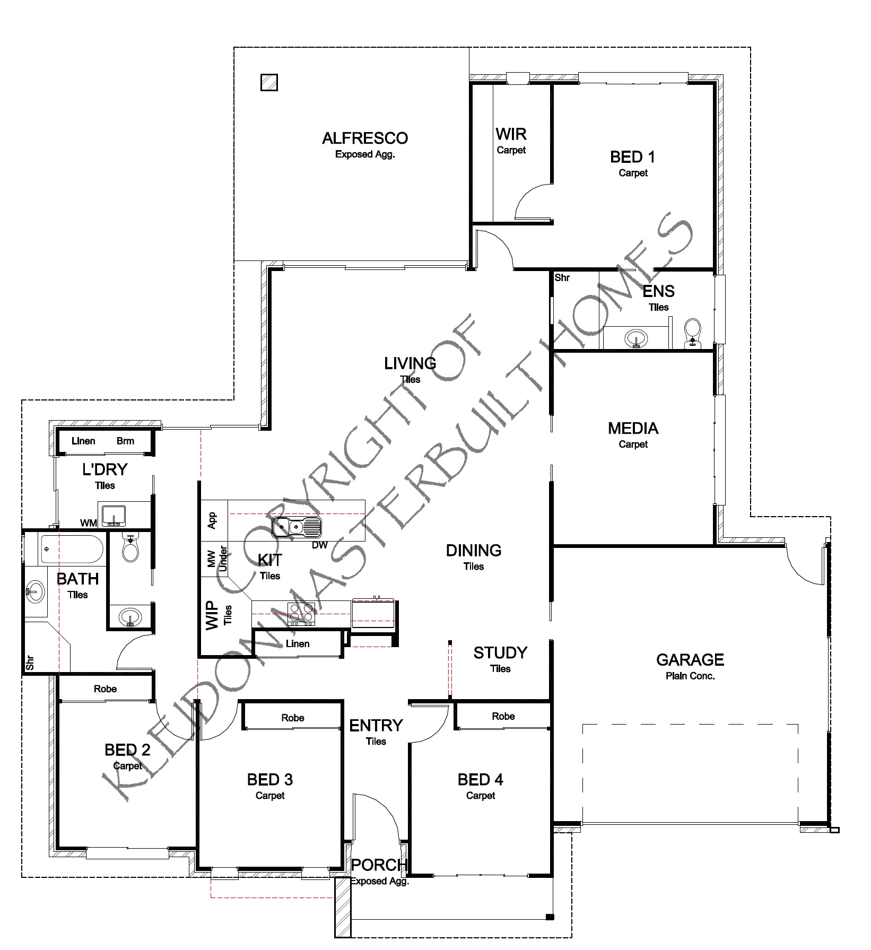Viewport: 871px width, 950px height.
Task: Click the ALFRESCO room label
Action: [365, 138]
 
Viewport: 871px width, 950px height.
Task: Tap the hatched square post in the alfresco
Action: [269, 82]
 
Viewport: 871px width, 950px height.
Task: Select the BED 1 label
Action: [633, 157]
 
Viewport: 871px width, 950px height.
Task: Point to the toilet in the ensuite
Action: [692, 333]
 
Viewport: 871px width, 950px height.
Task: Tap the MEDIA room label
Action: [633, 428]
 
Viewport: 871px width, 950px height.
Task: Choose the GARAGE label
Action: [690, 659]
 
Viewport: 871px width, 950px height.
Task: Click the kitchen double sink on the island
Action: [297, 527]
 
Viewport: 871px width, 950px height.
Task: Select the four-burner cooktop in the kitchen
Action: [301, 614]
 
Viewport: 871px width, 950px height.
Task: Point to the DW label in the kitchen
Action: [319, 545]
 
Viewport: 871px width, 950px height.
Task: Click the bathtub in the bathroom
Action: [72, 549]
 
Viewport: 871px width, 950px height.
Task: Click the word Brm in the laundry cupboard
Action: [125, 441]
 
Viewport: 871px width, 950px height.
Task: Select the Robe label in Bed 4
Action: [503, 716]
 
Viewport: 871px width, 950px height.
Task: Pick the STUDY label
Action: [500, 652]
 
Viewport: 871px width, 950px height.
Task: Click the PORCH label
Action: [379, 865]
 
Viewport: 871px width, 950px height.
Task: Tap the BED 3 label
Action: [270, 780]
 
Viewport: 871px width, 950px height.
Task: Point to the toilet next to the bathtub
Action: [130, 548]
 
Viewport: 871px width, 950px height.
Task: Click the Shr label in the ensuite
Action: [562, 277]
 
